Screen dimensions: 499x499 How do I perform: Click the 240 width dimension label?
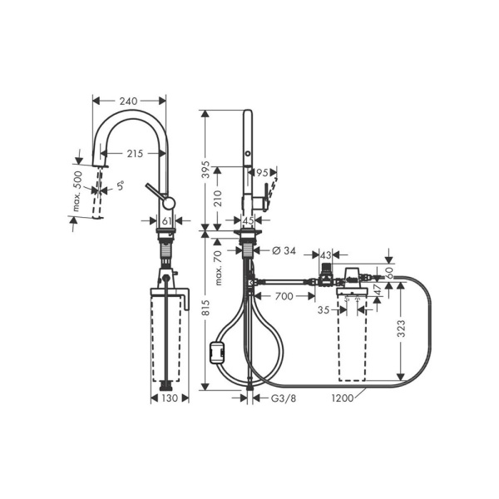[x=128, y=101]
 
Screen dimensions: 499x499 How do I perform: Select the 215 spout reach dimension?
[x=136, y=153]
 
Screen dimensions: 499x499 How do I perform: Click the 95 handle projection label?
[x=263, y=174]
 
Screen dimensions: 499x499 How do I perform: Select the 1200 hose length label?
[x=342, y=398]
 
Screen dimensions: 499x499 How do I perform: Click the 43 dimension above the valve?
[x=326, y=254]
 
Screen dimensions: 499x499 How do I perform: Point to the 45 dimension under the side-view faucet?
[x=248, y=221]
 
